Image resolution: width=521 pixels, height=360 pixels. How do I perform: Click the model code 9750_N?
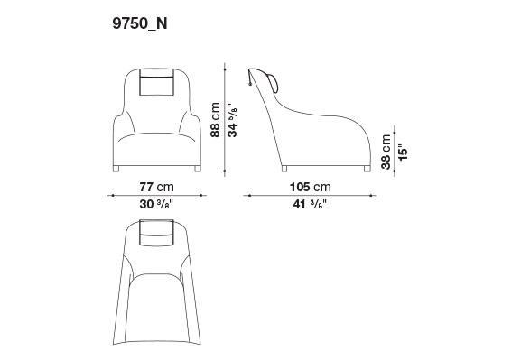140,24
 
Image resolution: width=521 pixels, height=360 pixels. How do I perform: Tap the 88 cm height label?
215,120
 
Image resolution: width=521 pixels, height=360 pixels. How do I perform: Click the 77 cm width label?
156,187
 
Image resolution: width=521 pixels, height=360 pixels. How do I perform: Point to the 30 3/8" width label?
156,204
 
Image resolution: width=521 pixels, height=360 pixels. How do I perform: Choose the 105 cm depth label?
311,187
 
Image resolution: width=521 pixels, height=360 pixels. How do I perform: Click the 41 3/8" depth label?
310,204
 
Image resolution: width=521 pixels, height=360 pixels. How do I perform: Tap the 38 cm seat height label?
386,152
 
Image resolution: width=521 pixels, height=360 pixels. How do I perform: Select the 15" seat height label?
403,152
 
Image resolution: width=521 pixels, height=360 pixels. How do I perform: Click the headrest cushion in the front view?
157,82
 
